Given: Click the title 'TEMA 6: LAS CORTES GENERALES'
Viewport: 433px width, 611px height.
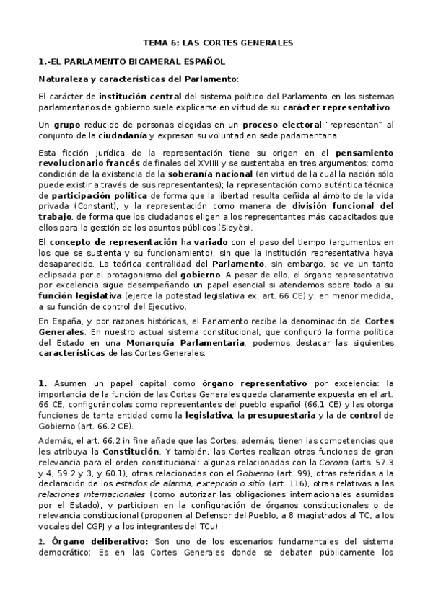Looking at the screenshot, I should pyautogui.click(x=216, y=43).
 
